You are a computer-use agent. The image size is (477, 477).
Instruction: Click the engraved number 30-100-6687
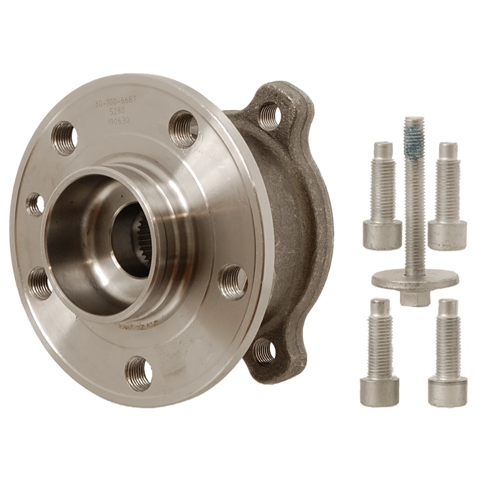pos(115,103)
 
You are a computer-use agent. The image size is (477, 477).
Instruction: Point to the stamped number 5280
pos(115,113)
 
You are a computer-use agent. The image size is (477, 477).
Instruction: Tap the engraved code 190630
pos(115,122)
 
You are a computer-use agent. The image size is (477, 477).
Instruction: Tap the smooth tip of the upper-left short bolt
pos(380,150)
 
